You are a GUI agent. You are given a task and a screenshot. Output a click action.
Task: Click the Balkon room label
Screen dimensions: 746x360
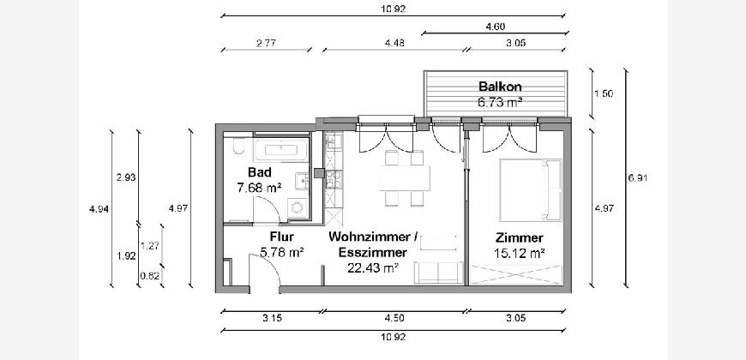500,87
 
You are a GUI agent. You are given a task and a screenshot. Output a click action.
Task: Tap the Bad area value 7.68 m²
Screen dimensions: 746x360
259,188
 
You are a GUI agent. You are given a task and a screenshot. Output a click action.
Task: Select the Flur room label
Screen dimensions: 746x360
281,237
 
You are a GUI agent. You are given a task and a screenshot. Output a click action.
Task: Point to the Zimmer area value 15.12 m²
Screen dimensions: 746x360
519,253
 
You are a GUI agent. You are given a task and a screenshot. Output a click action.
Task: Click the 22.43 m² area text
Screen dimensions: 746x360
372,268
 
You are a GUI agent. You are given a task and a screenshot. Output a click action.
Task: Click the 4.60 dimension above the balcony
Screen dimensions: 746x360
495,27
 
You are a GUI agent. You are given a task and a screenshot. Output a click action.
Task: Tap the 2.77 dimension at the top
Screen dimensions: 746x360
267,43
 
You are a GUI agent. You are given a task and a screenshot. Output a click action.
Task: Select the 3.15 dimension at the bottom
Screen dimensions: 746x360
272,318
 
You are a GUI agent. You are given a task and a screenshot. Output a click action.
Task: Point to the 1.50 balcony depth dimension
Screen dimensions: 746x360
604,93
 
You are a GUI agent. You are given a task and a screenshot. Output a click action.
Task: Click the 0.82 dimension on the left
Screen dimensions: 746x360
149,275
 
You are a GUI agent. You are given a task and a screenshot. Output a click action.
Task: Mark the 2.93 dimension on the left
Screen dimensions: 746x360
126,178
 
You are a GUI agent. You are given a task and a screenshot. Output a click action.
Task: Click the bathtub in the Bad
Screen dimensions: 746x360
280,150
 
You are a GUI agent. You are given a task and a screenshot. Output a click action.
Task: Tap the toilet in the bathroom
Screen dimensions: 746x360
239,146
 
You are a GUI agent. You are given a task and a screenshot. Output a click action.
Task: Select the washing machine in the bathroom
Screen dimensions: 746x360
298,207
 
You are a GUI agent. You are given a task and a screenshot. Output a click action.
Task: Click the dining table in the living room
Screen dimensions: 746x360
405,178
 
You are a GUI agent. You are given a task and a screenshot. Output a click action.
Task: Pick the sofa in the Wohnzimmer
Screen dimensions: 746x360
437,273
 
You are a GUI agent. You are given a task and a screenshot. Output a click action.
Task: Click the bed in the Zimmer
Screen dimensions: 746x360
530,189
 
